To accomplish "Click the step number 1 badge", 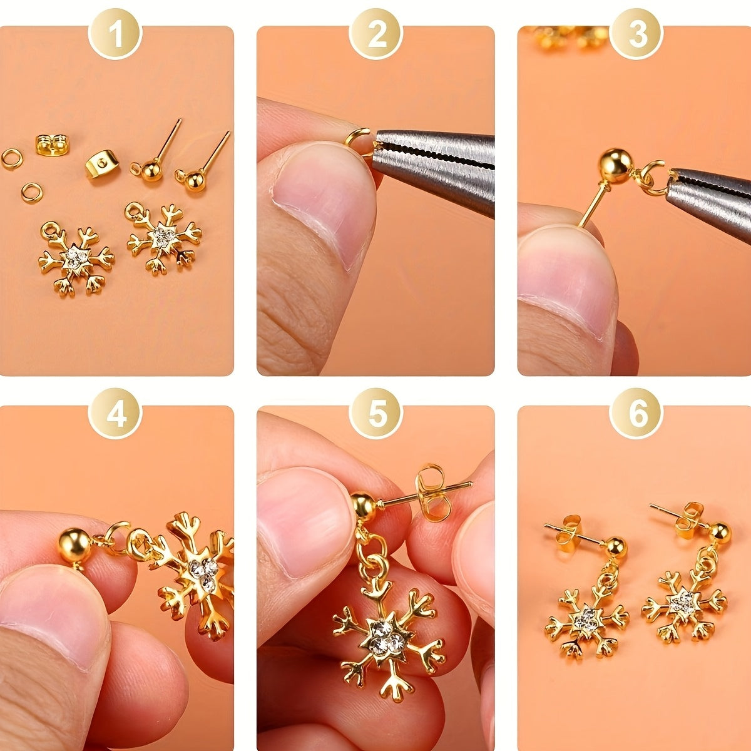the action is click(x=116, y=34).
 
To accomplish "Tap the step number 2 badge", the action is click(x=376, y=34).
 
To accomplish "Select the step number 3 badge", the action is click(x=637, y=34).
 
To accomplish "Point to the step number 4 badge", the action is click(x=116, y=414).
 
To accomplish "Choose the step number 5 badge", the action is click(x=376, y=414).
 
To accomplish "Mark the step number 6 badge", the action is click(x=637, y=414).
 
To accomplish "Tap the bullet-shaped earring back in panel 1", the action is click(x=102, y=165).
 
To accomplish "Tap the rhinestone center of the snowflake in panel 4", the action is click(x=203, y=570).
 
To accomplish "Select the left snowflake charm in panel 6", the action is click(x=586, y=616).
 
